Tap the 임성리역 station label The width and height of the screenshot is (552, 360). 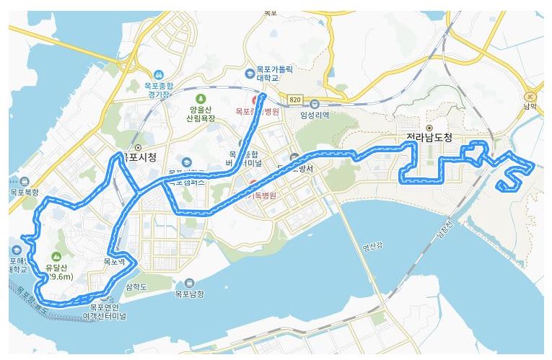coord(315,114)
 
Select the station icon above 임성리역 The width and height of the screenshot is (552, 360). coord(315,103)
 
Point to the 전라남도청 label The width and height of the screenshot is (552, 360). coord(429,139)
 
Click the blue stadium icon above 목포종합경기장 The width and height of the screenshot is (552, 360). coord(159,74)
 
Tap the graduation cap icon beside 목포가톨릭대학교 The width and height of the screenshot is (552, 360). coord(250,72)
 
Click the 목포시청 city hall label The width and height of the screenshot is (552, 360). coord(141,156)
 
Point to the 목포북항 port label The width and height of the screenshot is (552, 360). coord(25,193)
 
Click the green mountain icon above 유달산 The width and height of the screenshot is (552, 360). coord(56,257)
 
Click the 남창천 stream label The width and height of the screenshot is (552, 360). coord(443,232)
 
